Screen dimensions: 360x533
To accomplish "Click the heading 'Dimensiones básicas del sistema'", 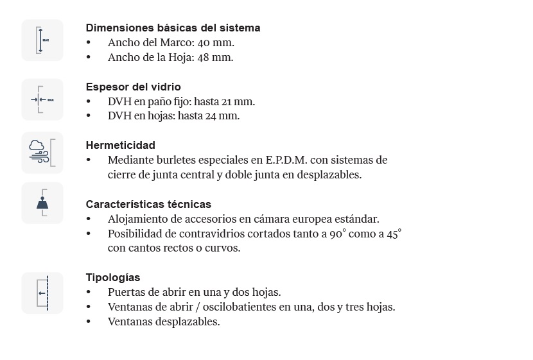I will (173, 28).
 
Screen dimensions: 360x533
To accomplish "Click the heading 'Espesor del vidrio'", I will (133, 87).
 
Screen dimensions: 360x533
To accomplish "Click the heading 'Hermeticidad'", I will (120, 145).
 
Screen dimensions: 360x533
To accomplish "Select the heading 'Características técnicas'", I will (148, 204).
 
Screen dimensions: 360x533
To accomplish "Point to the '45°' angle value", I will (394, 234).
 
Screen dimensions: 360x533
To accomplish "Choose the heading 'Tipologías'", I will (113, 277).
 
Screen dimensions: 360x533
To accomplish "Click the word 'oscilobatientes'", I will (240, 307).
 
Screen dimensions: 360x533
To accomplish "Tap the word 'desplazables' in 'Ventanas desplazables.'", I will (188, 321).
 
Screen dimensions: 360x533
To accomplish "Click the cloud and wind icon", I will (42, 153).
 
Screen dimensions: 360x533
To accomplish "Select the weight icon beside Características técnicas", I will (42, 203).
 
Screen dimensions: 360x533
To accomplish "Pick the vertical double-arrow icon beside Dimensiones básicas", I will (42, 40).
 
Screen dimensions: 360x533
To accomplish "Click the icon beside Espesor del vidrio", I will (42, 99).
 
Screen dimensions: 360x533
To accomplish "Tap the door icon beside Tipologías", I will (42, 293).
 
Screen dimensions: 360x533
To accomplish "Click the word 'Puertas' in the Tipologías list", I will (127, 292).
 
